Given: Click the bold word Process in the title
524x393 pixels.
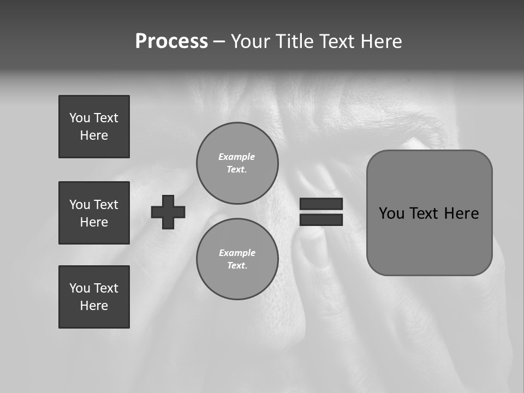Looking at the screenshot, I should click(x=171, y=41).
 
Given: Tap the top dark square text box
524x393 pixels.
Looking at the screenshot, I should click(x=94, y=127).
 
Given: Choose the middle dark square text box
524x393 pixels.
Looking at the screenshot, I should click(x=94, y=213).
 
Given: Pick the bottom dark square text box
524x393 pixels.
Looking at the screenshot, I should click(x=94, y=297).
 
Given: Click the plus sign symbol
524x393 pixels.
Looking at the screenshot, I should click(x=168, y=212).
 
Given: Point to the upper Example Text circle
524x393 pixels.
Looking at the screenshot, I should click(x=237, y=163).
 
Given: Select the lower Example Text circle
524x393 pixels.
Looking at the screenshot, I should click(x=237, y=259).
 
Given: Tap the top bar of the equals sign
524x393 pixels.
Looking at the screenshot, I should click(x=321, y=204).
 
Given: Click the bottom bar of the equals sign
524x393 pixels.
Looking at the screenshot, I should click(x=321, y=220).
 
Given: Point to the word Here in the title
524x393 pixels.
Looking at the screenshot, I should click(x=382, y=41).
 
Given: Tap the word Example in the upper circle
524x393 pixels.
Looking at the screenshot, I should click(x=237, y=157).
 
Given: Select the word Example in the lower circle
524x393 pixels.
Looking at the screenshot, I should click(x=237, y=253).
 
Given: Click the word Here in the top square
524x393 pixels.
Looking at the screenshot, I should click(x=94, y=135).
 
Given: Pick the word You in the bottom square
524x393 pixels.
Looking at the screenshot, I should click(x=80, y=288).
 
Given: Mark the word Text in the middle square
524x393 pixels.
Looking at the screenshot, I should click(x=106, y=205).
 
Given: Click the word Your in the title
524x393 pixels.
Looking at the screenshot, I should click(x=251, y=41).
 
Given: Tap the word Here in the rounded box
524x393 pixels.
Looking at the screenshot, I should click(x=461, y=213).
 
